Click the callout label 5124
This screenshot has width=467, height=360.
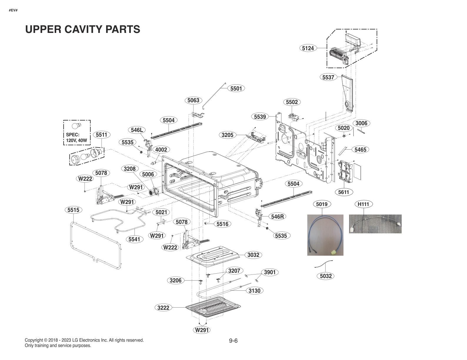click(x=308, y=48)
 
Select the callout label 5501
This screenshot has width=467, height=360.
click(x=236, y=88)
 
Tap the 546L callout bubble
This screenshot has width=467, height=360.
click(x=137, y=130)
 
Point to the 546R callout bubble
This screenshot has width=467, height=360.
click(x=277, y=217)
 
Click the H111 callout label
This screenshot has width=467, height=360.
click(x=363, y=204)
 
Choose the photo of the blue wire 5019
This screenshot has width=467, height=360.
click(x=325, y=235)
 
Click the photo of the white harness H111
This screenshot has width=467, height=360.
click(x=375, y=224)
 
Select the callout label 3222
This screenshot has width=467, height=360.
click(x=163, y=308)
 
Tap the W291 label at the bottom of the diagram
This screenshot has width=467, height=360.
click(x=202, y=330)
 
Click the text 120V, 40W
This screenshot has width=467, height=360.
click(x=76, y=140)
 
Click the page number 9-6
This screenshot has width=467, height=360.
click(x=233, y=341)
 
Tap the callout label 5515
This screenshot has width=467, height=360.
click(x=73, y=210)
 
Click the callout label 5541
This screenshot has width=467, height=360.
click(x=134, y=239)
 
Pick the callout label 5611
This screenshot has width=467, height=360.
click(x=343, y=192)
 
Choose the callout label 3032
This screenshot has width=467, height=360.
click(x=253, y=255)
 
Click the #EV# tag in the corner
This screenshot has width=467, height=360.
click(x=13, y=10)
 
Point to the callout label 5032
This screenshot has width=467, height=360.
click(x=326, y=276)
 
